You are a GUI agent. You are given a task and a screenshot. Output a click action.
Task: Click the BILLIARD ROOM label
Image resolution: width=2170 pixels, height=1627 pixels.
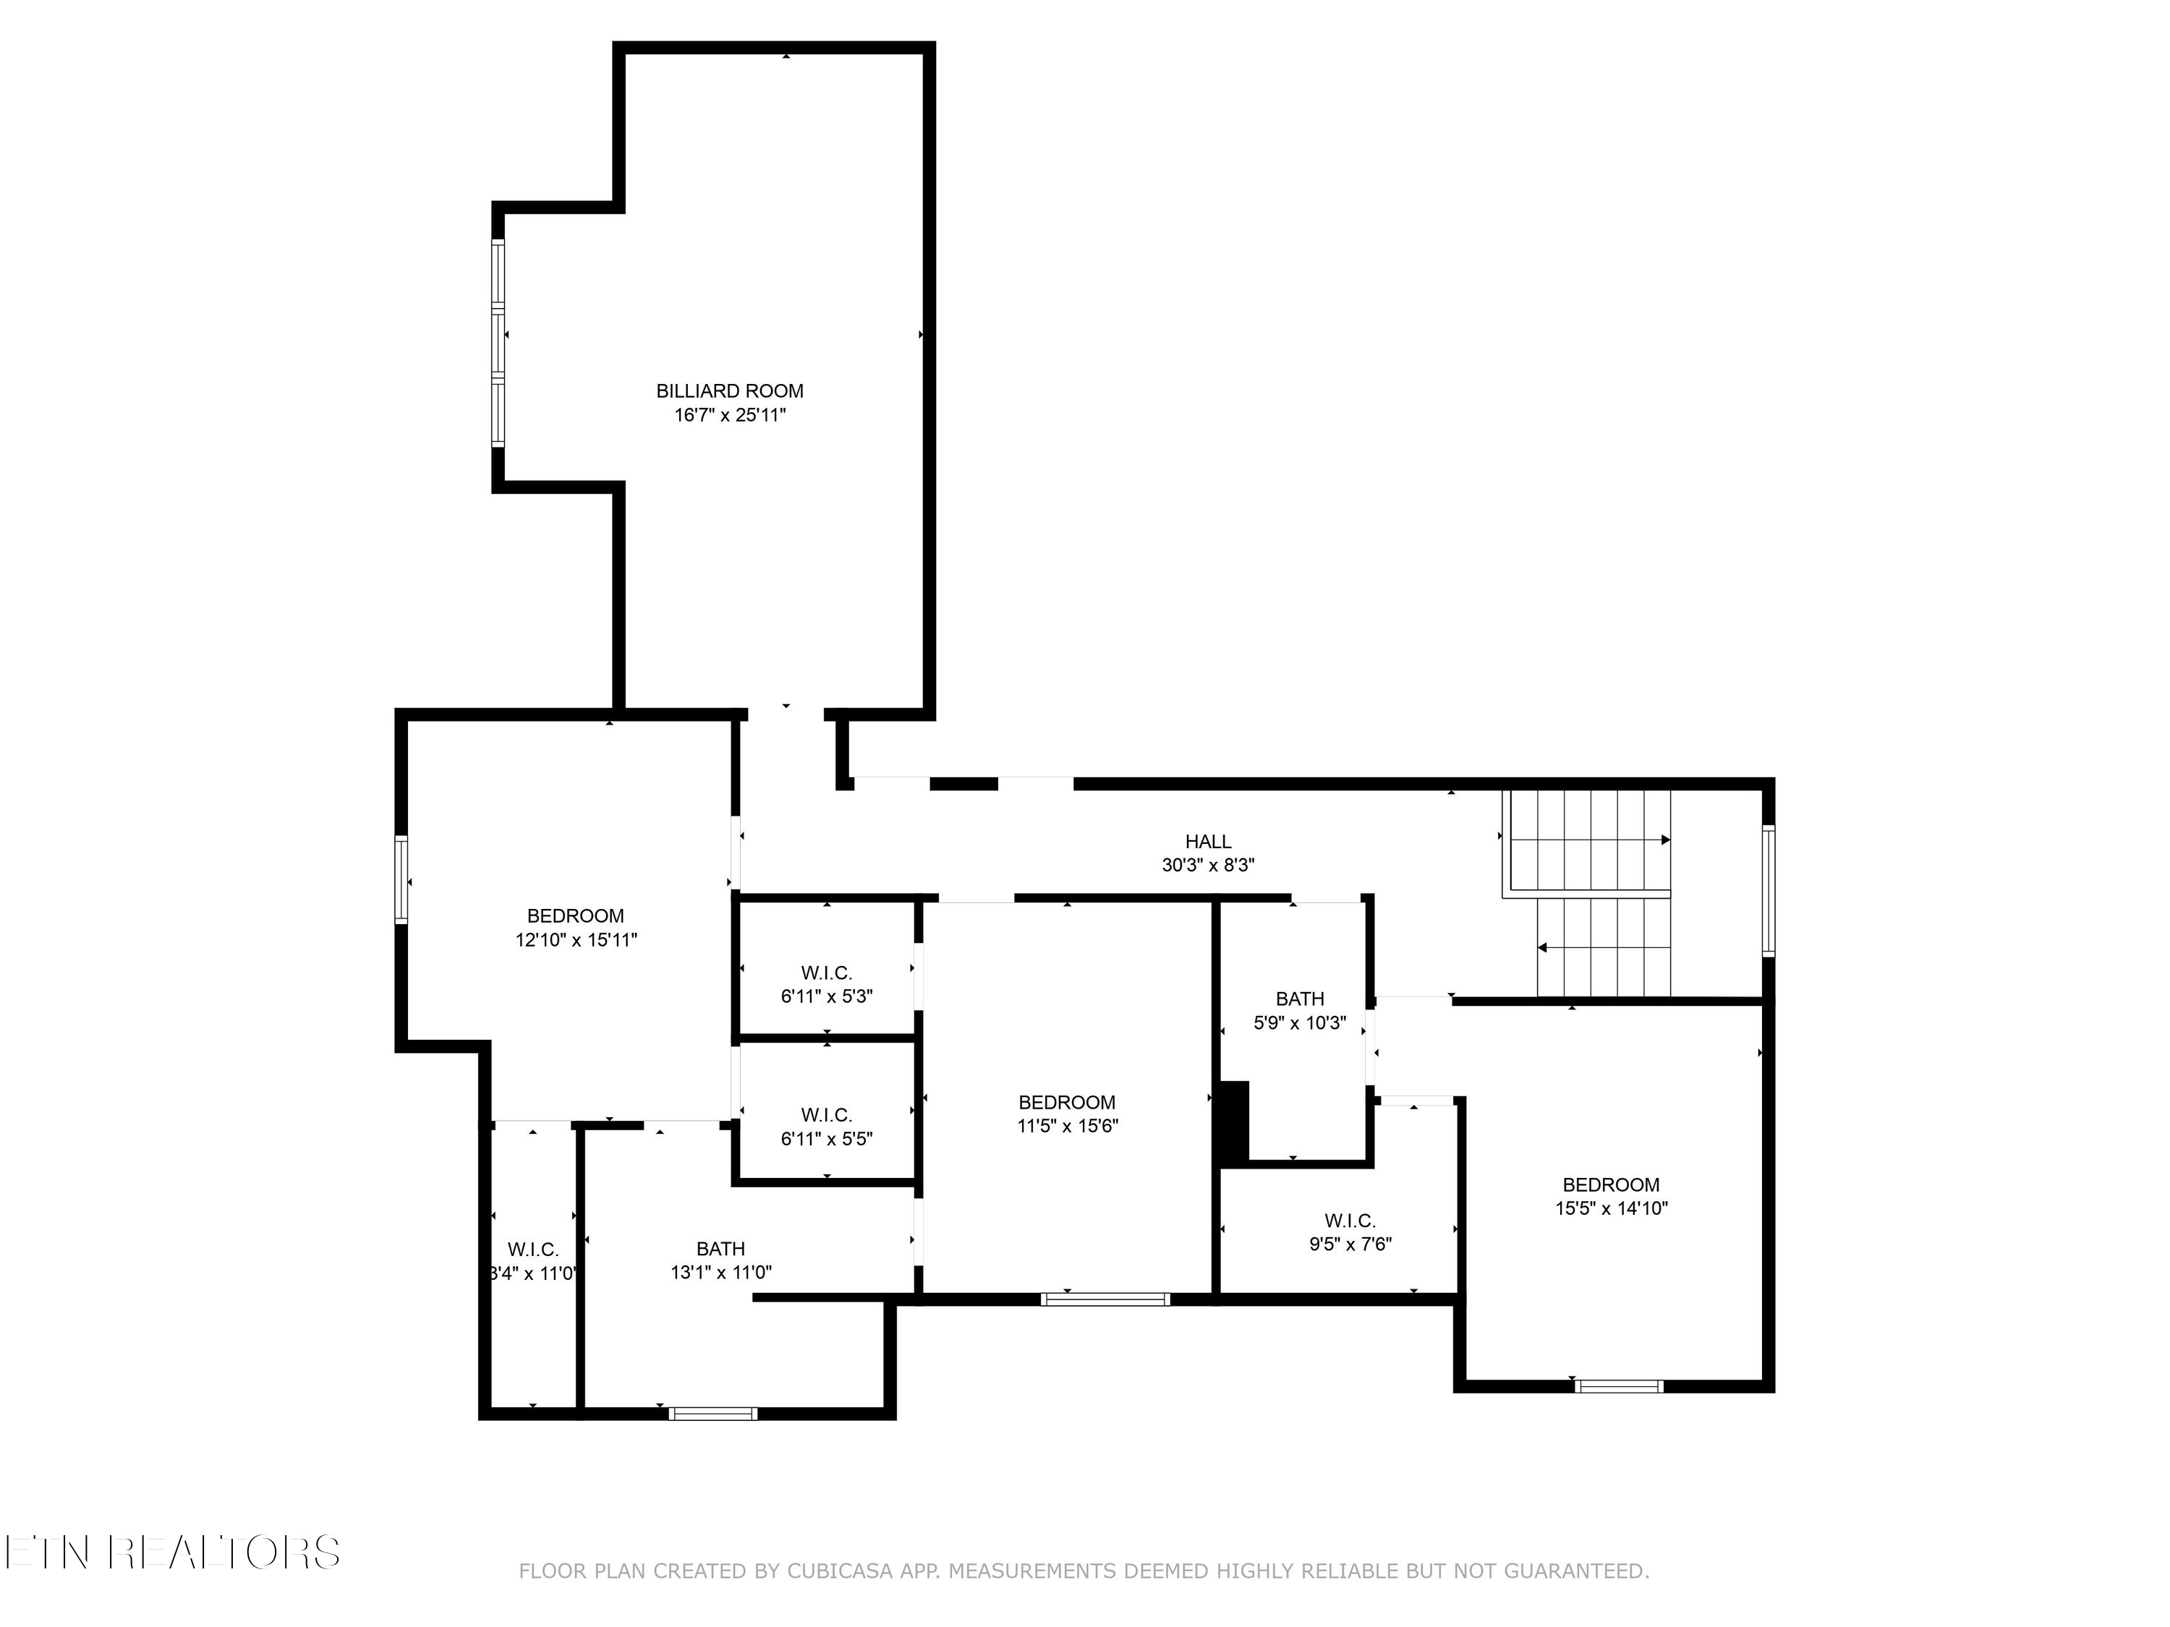[x=729, y=390]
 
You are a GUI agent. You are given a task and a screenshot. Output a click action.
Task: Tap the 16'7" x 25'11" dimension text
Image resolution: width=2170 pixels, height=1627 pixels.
[x=729, y=415]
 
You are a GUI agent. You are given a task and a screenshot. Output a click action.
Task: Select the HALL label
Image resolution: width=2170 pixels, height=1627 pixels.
[x=1208, y=842]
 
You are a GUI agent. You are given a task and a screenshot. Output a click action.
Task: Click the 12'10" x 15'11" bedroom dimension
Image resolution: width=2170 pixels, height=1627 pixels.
[x=576, y=939]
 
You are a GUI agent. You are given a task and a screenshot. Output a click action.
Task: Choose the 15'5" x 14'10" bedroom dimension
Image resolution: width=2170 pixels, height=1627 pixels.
[x=1611, y=1208]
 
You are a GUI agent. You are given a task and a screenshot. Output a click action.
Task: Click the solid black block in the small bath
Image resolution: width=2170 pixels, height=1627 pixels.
[x=1232, y=1122]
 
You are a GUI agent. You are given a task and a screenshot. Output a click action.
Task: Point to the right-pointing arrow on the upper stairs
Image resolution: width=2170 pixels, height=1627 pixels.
[x=1665, y=840]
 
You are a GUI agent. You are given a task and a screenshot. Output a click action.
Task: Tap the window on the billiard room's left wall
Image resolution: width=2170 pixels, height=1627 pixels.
[x=498, y=343]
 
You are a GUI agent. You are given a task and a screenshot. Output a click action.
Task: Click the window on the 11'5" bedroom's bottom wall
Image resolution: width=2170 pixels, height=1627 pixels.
[x=1105, y=1299]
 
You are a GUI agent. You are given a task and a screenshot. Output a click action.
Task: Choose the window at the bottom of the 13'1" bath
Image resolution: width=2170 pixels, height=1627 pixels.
[x=713, y=1413]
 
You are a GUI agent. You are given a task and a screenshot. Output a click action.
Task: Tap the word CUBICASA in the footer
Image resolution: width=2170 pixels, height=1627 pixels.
[x=839, y=1571]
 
